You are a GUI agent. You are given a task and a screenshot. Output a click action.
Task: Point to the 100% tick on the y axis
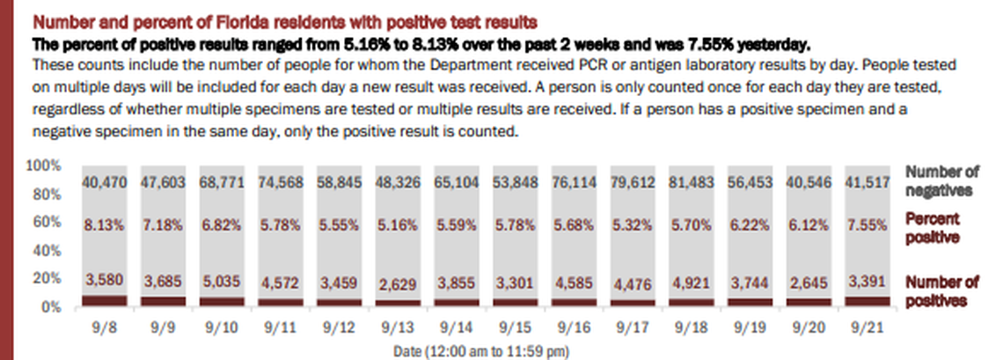(44, 166)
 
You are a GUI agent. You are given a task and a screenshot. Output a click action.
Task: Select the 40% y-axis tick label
(47, 250)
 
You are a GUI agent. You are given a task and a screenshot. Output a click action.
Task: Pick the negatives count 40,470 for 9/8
(104, 183)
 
